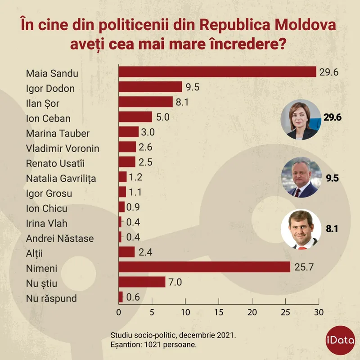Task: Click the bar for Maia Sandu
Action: (x=217, y=72)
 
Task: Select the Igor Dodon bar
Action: (x=150, y=87)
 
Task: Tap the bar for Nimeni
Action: (x=204, y=267)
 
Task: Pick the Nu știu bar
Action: (x=142, y=282)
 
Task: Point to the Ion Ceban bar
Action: (x=135, y=117)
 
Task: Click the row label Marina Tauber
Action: (x=58, y=133)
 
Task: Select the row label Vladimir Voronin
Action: (x=63, y=148)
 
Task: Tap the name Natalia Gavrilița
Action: (x=61, y=178)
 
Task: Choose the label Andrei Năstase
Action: (x=60, y=238)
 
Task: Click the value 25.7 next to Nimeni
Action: (x=304, y=267)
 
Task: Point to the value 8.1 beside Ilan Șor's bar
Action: (x=182, y=102)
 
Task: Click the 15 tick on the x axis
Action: (x=219, y=312)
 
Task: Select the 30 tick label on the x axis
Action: (x=319, y=312)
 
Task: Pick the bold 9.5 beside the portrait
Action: (x=332, y=178)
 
